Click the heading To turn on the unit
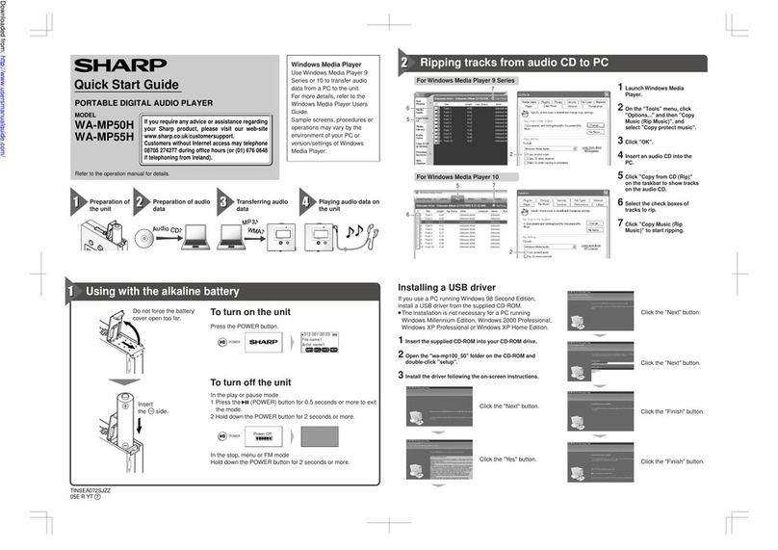(x=250, y=313)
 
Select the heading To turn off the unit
(x=251, y=382)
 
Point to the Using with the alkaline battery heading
(x=163, y=291)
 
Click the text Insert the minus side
(x=146, y=408)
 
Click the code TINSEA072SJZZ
(x=97, y=490)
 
